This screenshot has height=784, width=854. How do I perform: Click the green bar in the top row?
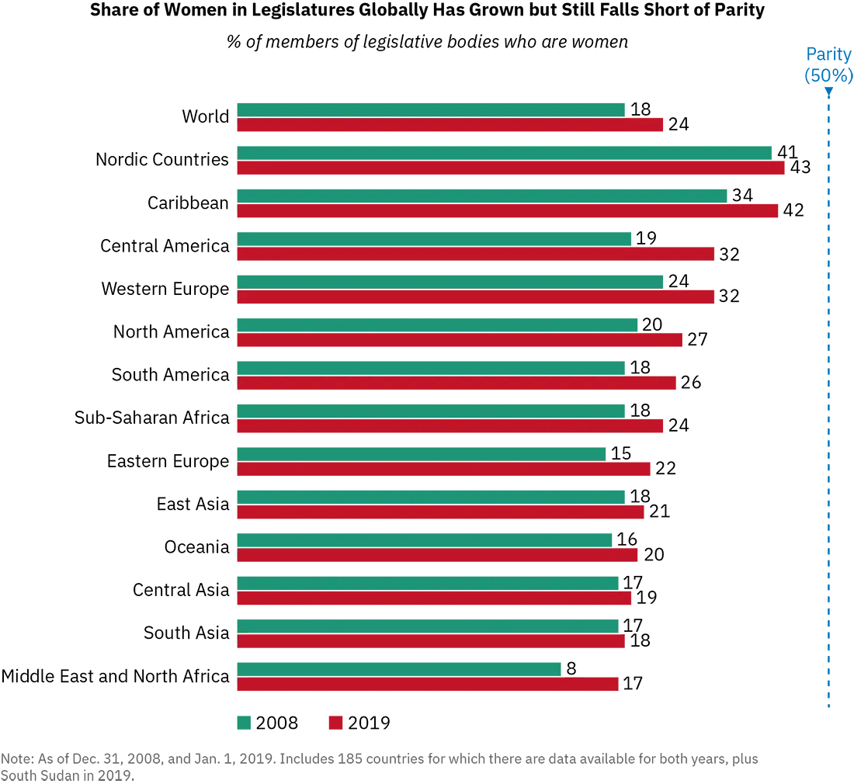[x=431, y=108]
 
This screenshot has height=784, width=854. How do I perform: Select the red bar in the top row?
[x=450, y=127]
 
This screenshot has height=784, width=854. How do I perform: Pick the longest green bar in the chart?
[x=505, y=151]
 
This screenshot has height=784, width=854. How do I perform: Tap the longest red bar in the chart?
[x=512, y=171]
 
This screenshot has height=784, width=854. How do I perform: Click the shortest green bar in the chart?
[x=400, y=667]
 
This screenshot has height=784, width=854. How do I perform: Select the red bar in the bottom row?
[x=427, y=686]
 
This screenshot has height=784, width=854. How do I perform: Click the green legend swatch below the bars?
[x=245, y=723]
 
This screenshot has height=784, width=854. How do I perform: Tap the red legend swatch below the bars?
[x=335, y=723]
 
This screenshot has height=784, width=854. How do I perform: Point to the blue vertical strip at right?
[x=839, y=388]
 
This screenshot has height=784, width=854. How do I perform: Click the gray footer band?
[x=427, y=766]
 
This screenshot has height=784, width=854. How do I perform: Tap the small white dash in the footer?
[x=12, y=767]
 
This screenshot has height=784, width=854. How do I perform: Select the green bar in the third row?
[x=481, y=195]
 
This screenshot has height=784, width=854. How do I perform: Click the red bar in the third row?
[x=509, y=214]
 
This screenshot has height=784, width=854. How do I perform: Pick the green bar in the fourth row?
[x=435, y=238]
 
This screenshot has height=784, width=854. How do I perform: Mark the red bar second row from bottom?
[x=431, y=643]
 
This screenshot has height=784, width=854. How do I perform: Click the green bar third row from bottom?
[x=427, y=580]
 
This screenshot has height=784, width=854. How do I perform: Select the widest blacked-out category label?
[x=116, y=674]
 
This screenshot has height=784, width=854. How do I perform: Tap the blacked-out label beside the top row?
[x=207, y=115]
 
